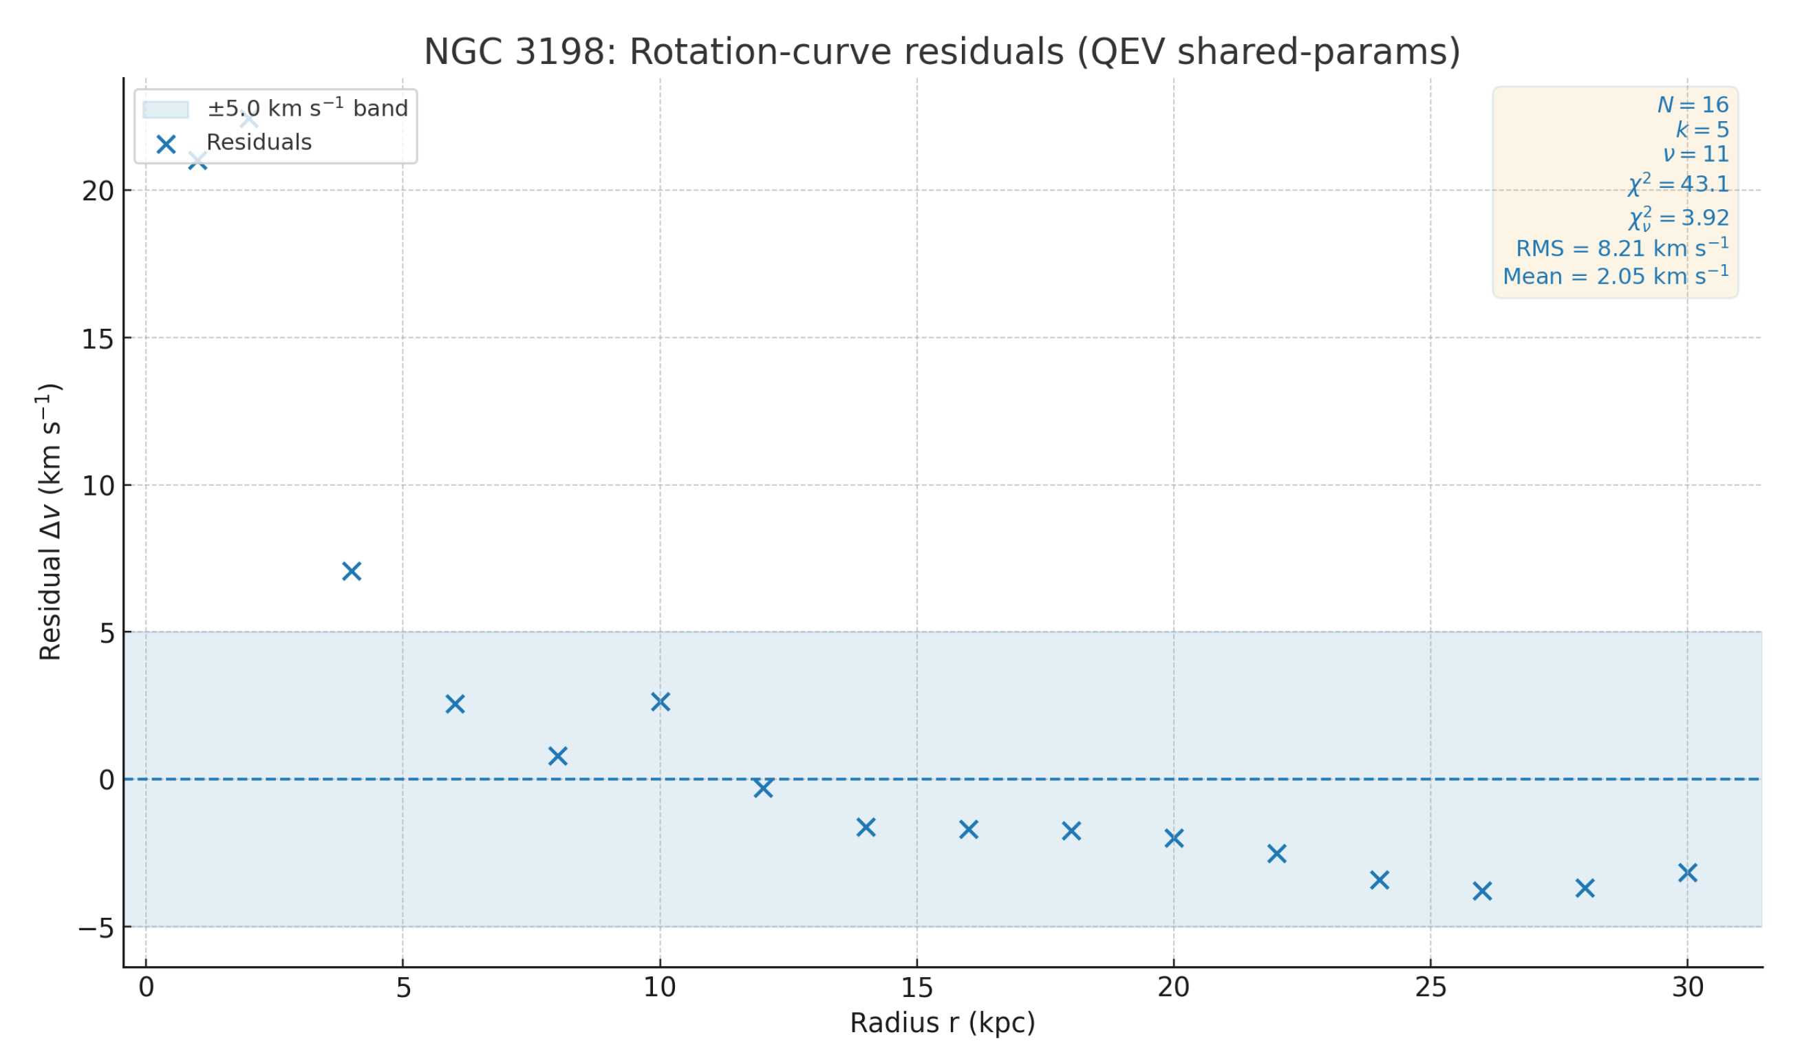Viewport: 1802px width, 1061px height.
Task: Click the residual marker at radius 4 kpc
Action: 352,571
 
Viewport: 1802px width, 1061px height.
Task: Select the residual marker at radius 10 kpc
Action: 661,702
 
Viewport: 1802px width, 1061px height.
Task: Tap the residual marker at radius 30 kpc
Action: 1688,873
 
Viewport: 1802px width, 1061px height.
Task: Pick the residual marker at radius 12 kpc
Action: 763,788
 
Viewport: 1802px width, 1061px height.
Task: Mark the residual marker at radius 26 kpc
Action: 1482,891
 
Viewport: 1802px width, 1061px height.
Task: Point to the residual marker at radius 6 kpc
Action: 455,704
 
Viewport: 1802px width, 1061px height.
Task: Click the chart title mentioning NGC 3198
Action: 942,52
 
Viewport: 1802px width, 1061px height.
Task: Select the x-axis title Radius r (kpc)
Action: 942,1023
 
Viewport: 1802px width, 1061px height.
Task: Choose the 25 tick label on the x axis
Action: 1430,988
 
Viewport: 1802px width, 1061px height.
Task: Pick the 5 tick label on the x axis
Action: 403,988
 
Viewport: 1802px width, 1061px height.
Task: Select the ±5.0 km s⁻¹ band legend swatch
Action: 166,109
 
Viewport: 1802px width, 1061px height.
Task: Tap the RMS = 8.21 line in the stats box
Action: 1622,248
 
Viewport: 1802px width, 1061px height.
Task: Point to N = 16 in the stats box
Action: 1693,105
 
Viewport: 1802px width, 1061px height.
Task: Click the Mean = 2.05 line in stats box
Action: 1616,276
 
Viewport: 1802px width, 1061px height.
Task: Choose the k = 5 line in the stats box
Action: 1702,129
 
